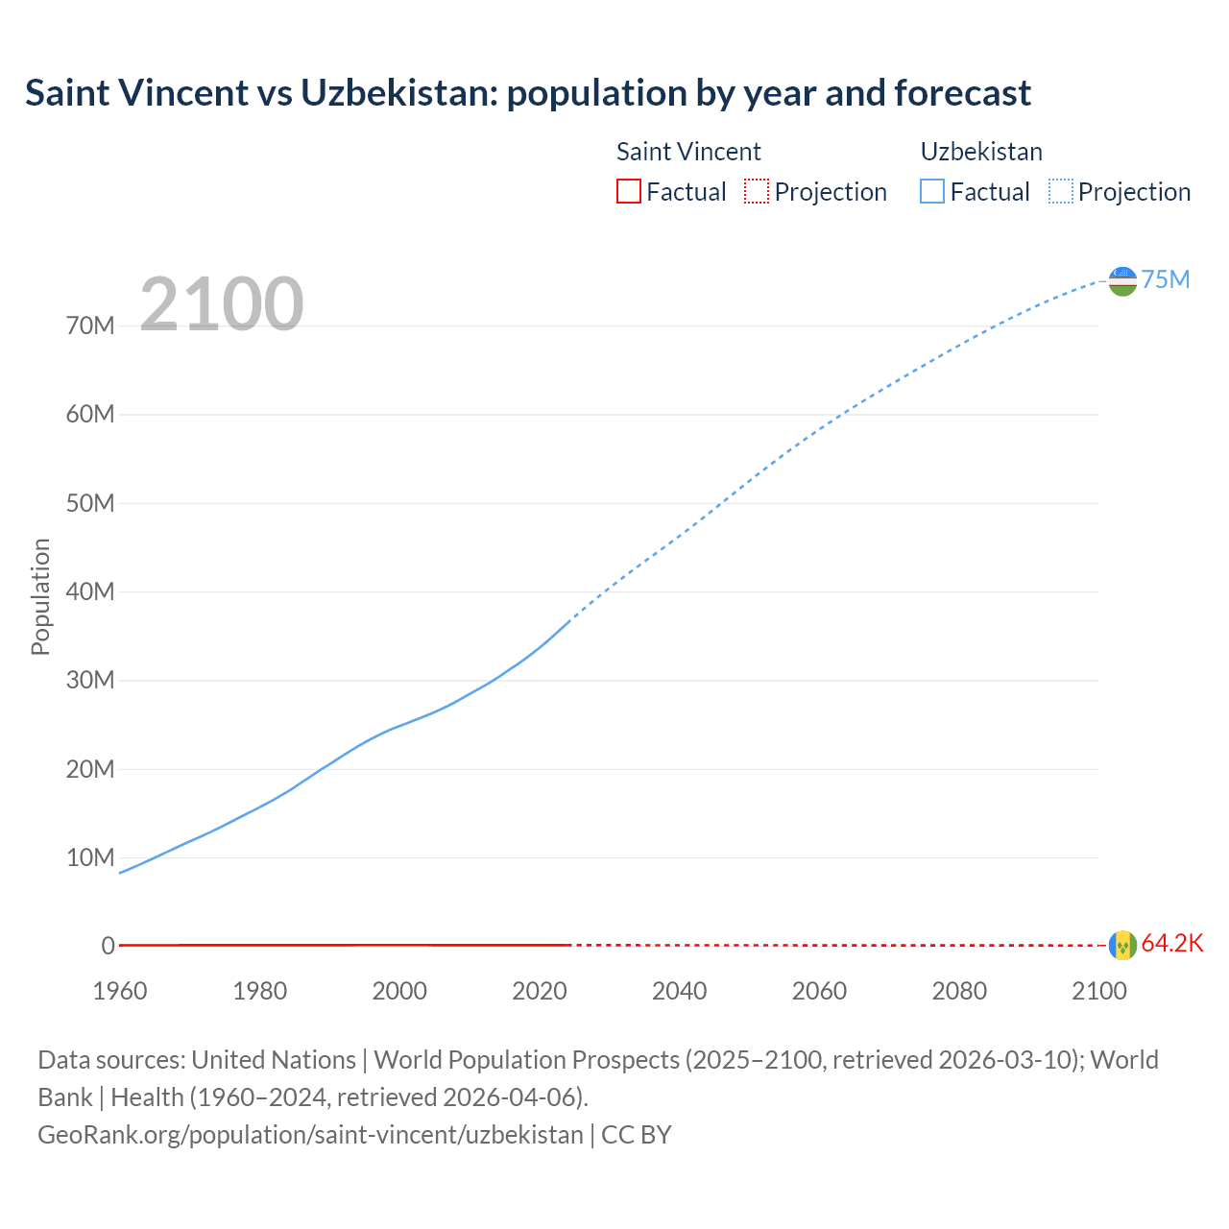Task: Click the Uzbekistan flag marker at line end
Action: point(1122,280)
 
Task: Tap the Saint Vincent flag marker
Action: point(1122,945)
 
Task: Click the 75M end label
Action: point(1166,279)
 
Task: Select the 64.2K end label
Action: point(1172,943)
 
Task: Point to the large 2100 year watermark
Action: point(222,304)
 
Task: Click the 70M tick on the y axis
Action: point(90,325)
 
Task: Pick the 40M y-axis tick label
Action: point(90,591)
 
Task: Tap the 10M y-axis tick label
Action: point(90,857)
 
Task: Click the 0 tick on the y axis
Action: point(108,946)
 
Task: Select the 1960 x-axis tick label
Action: point(120,991)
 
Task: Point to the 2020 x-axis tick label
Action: point(540,991)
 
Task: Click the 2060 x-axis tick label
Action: point(819,991)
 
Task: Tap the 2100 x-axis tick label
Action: point(1099,991)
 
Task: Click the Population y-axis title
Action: point(40,596)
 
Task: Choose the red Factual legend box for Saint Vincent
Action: point(628,191)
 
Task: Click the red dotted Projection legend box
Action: point(757,191)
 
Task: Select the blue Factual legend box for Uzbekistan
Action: point(931,191)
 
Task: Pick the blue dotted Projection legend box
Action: point(1060,191)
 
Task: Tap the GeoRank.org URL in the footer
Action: point(310,1134)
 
